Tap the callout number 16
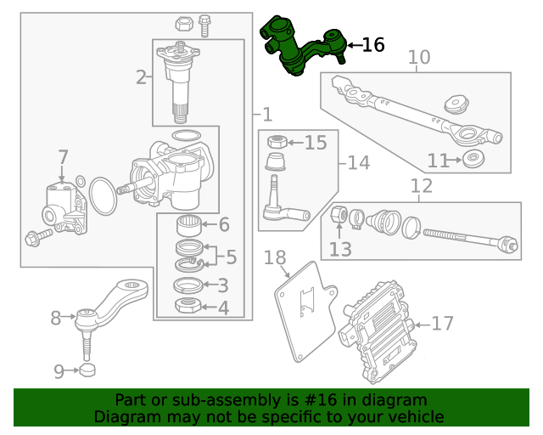click(373, 45)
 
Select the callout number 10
click(419, 58)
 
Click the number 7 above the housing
click(63, 157)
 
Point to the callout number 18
click(275, 257)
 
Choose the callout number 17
click(442, 324)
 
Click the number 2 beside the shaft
click(141, 78)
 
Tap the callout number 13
click(339, 249)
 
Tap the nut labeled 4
click(188, 306)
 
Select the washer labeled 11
click(473, 159)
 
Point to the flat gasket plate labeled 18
click(303, 307)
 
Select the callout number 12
click(422, 186)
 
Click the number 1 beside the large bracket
click(266, 115)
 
